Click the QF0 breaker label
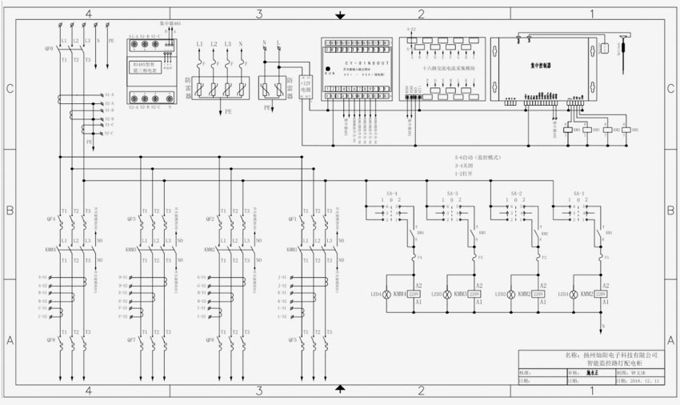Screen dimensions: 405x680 (x=49, y=48)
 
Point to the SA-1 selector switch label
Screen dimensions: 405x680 (x=578, y=194)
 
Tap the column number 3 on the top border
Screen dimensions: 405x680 (x=259, y=14)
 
